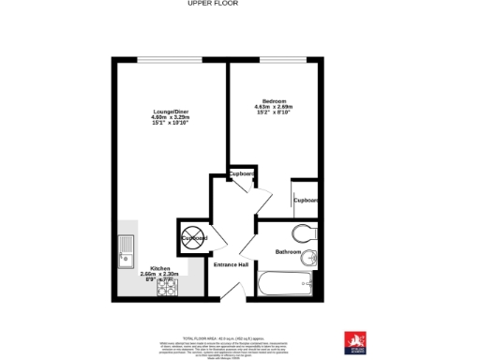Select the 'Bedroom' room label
(x=274, y=101)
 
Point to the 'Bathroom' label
(x=288, y=252)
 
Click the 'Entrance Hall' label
(x=231, y=265)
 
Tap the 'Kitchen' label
(x=160, y=269)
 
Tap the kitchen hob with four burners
(x=166, y=288)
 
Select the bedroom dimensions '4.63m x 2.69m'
(x=274, y=108)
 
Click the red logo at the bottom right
(x=354, y=341)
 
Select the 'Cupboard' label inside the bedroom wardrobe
(x=306, y=200)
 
